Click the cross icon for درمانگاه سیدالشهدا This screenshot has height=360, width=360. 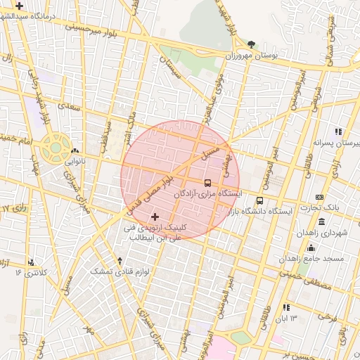point(19,6)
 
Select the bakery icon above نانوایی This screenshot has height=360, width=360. point(75,150)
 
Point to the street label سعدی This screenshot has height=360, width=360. point(67,106)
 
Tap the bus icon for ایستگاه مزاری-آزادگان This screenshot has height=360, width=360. point(207,183)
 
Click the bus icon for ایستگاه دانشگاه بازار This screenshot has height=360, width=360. point(259,201)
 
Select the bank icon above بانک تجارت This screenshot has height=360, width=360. point(320,197)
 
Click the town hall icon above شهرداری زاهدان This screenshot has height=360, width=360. point(321,222)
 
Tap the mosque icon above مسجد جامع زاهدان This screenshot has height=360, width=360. point(311,247)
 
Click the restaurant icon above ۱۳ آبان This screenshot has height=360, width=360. point(285,307)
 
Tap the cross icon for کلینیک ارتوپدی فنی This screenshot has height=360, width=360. point(155,217)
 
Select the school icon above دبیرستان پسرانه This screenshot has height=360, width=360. point(338,131)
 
